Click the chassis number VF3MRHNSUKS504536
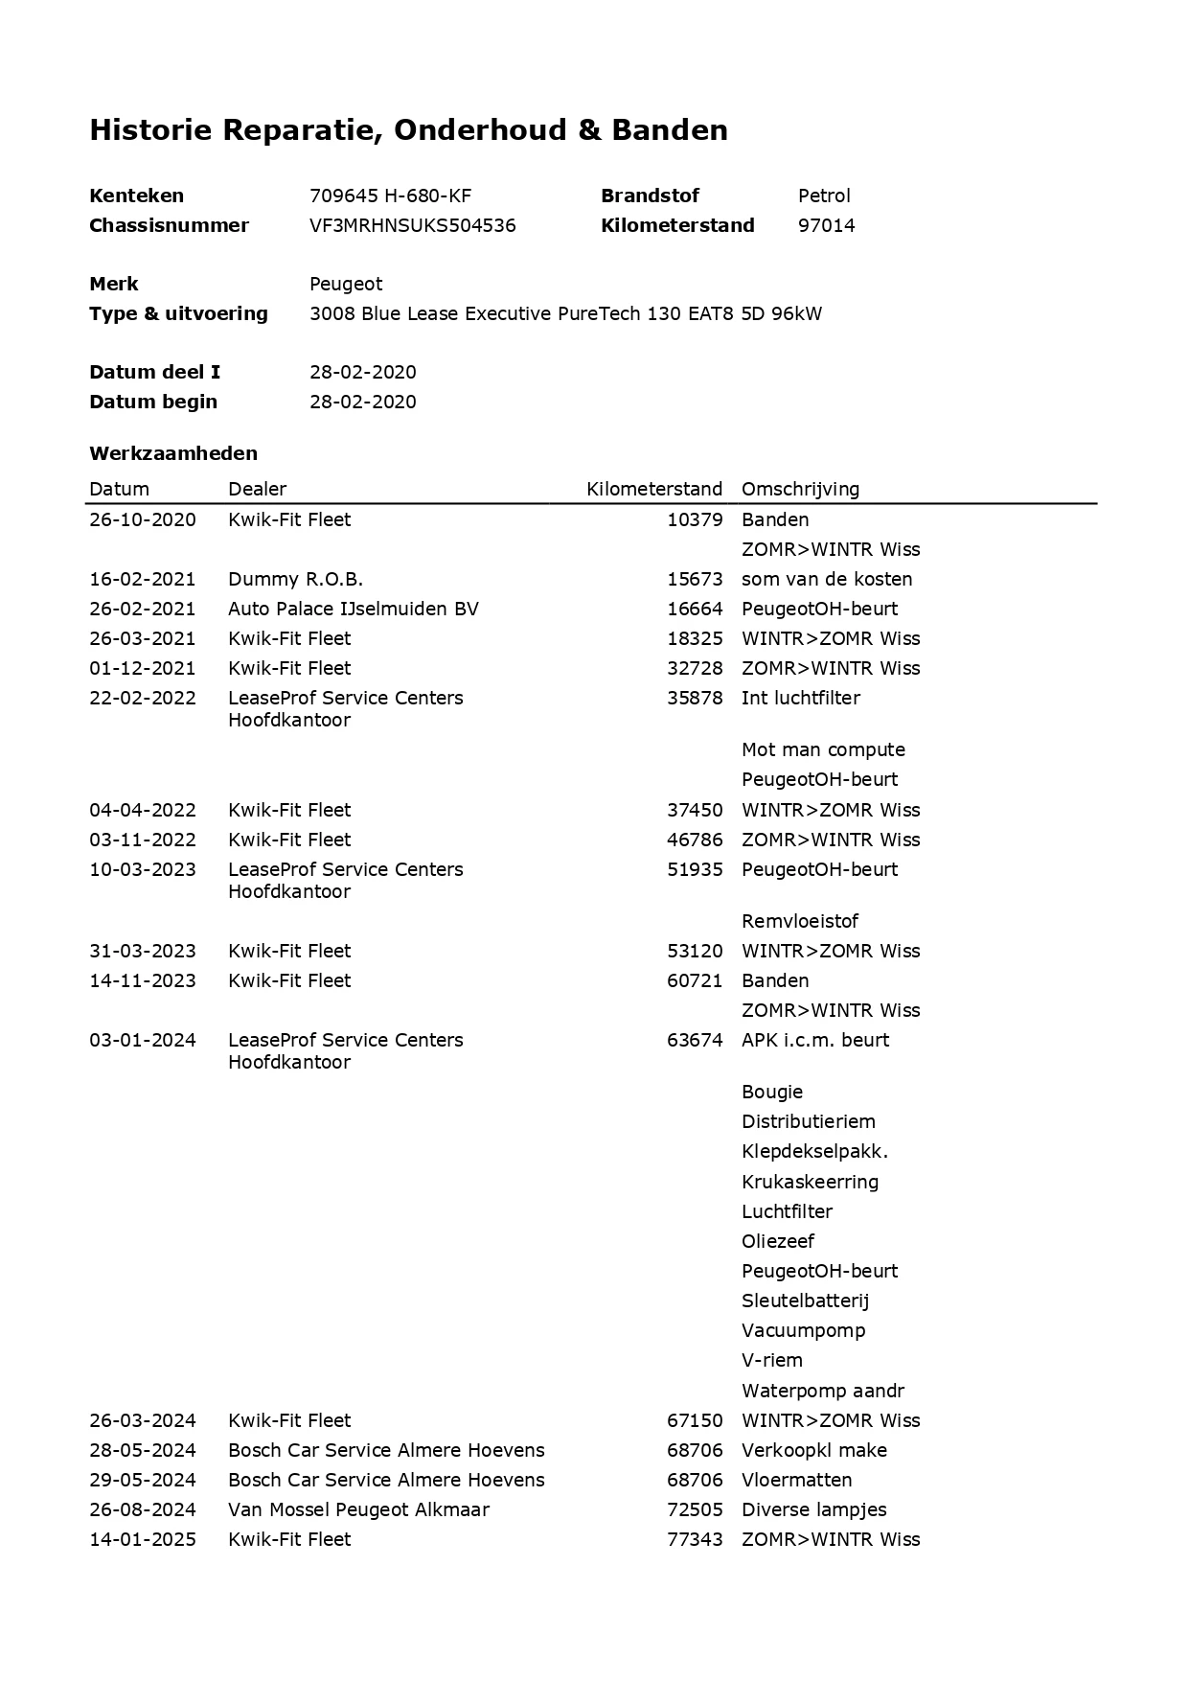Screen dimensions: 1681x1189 (412, 225)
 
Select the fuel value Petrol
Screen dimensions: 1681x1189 (824, 196)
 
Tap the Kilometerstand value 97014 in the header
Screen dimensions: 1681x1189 (826, 225)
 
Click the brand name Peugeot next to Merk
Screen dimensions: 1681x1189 (346, 284)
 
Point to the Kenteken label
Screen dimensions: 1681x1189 (136, 196)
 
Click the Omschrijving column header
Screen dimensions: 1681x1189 (800, 489)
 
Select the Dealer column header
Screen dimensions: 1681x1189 (257, 489)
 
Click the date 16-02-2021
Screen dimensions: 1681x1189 (142, 579)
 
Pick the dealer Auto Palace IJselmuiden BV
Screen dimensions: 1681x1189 (353, 609)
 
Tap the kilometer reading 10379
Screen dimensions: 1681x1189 (695, 519)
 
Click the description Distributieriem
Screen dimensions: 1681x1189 (808, 1121)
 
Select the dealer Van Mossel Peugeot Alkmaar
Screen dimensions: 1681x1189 (358, 1509)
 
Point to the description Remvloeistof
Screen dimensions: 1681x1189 (799, 921)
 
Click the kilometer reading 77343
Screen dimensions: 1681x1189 (695, 1539)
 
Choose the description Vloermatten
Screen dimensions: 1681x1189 (796, 1480)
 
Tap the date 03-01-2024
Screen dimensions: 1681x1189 (142, 1040)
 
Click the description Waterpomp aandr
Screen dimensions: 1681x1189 (822, 1391)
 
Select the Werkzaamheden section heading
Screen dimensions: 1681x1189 (173, 452)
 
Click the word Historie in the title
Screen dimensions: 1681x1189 (150, 129)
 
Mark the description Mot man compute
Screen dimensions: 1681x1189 (823, 749)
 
